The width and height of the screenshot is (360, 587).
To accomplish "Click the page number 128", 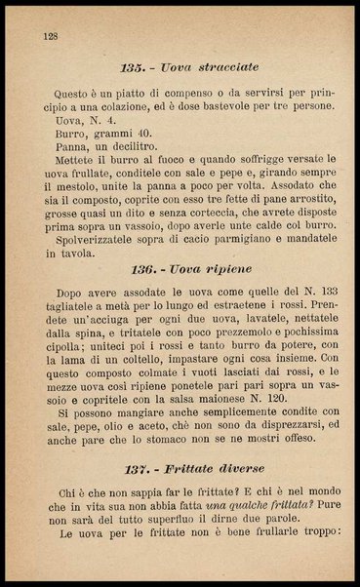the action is [x=52, y=36].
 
